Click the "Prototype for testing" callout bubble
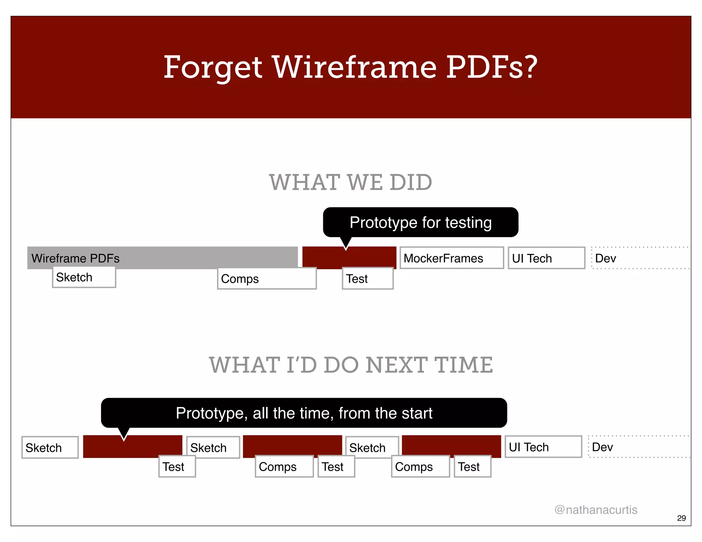421,222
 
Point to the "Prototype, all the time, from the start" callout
304,413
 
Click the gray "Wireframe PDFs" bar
162,257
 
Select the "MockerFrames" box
451,258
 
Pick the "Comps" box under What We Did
267,279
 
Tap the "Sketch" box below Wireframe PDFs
84,278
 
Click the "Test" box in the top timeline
367,279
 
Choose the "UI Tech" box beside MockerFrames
546,258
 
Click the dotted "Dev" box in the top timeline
640,258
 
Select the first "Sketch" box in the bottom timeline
50,447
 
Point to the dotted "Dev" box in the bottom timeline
638,447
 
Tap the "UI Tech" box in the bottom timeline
543,447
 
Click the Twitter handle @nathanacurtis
596,510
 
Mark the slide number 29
681,518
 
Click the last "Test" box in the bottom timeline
472,467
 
